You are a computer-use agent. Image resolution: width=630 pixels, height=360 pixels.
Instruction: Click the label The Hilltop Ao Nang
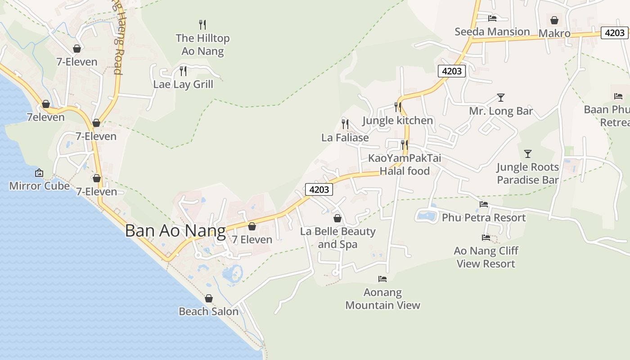202,45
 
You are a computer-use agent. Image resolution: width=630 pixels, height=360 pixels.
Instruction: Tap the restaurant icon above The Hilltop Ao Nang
202,24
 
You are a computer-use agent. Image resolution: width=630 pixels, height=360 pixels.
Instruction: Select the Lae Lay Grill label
183,84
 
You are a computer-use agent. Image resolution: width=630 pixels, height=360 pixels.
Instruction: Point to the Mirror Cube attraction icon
39,173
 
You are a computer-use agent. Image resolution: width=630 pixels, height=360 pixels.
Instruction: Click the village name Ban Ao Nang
175,231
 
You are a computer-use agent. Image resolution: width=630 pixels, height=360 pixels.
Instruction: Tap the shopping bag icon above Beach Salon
208,298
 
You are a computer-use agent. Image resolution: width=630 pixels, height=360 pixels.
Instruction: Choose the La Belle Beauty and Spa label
337,238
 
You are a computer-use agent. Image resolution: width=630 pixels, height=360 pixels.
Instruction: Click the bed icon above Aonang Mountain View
382,279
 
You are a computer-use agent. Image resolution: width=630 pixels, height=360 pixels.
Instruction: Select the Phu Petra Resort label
484,217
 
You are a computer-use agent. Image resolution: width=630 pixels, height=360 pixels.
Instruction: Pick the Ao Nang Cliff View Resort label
486,257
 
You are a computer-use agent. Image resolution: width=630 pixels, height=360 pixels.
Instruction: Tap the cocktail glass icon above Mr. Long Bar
500,98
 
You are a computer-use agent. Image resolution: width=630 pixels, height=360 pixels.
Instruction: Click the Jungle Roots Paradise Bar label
527,173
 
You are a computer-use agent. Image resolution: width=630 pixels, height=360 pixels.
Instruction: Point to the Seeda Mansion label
492,31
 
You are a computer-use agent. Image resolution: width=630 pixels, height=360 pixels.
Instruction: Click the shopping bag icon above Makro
554,20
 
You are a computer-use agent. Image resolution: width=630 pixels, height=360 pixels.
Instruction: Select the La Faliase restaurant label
345,138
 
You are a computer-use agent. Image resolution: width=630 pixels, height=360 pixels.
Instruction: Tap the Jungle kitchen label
397,121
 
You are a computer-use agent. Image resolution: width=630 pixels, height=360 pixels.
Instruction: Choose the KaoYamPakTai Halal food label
405,164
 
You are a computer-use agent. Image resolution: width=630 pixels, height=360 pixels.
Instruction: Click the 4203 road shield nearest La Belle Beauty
319,189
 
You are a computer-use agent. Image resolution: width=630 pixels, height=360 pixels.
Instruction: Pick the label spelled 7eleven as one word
46,117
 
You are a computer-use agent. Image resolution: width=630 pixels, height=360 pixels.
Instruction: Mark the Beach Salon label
208,311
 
